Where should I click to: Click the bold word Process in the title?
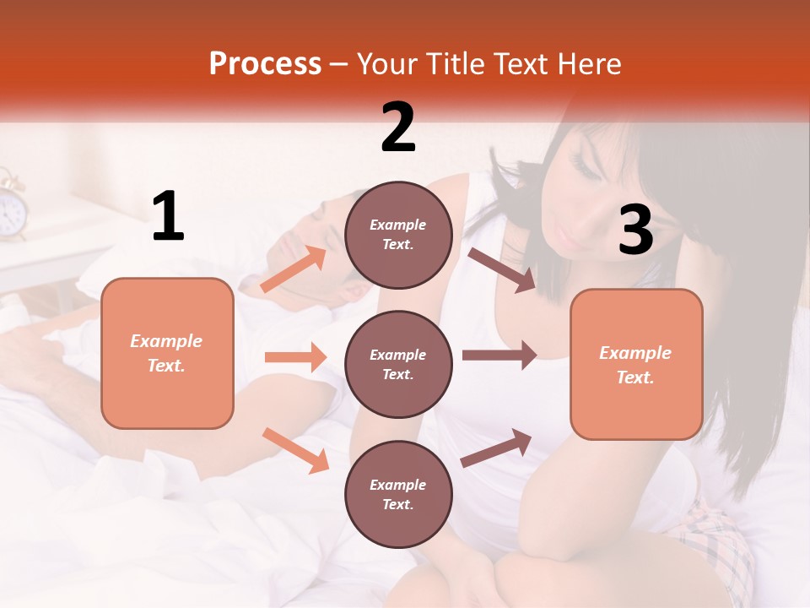point(265,63)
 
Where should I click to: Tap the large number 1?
point(168,216)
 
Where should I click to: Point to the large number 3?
point(636,230)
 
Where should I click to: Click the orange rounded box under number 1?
point(167,353)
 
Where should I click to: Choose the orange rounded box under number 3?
point(636,364)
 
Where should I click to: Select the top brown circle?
point(398,235)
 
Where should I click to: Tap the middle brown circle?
point(398,364)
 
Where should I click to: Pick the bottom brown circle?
point(398,494)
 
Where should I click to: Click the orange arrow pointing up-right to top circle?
point(294,269)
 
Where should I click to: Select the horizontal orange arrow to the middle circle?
point(295,357)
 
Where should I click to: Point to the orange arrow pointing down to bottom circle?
point(295,449)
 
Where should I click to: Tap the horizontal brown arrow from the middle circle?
point(499,356)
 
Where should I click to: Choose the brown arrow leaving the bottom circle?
point(496,448)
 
